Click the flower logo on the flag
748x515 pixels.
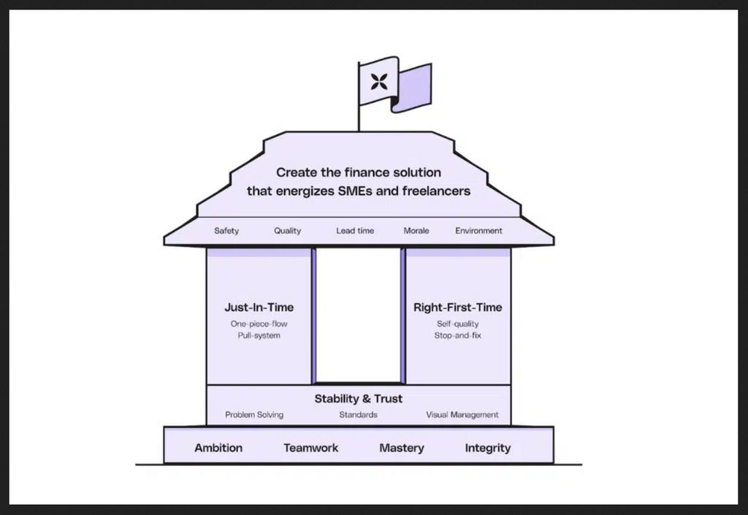378,81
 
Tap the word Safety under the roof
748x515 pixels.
226,231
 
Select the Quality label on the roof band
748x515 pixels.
287,231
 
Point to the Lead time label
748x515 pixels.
355,231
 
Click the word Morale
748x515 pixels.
416,231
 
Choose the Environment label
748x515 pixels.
478,231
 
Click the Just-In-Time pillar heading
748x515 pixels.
259,308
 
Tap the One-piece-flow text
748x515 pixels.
259,324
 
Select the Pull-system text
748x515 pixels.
259,335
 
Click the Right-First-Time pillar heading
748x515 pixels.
457,308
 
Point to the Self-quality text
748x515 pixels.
457,324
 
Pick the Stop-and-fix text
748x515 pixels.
457,335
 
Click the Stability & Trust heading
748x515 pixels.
358,399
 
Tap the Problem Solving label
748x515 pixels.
254,415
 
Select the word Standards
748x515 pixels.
358,415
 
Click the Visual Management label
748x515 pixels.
462,415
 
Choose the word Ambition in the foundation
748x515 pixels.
218,448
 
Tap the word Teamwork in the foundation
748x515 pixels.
311,448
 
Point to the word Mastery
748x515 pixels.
401,448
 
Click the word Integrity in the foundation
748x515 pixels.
488,448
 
